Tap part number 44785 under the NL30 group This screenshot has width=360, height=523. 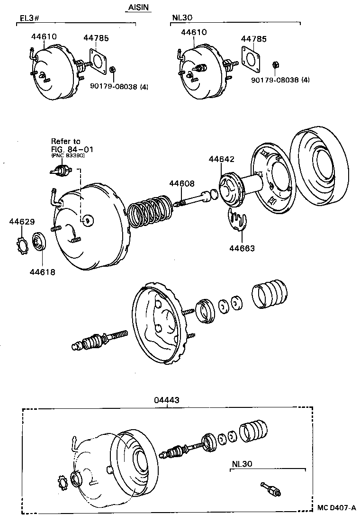(x=253, y=39)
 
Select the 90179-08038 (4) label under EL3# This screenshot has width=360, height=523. (x=119, y=87)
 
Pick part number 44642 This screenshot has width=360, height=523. (x=221, y=160)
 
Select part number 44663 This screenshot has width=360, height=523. (x=242, y=247)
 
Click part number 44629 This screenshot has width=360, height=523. (x=22, y=221)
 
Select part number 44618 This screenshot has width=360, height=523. (x=42, y=272)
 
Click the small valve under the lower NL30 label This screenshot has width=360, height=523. (x=271, y=489)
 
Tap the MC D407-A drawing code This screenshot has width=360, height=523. (x=336, y=507)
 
